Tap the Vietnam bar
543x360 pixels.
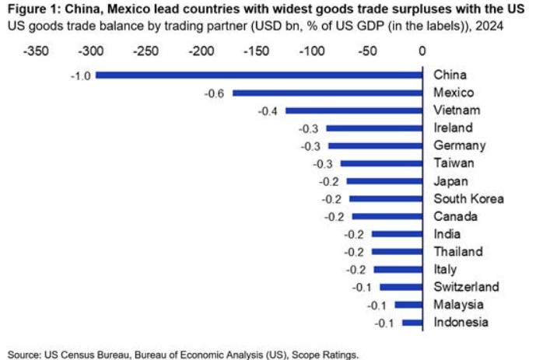[x=342, y=110]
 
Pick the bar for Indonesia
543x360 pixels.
[x=412, y=323]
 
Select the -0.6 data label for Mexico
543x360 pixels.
[x=215, y=93]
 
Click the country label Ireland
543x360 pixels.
[x=454, y=128]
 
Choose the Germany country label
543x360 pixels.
[x=459, y=145]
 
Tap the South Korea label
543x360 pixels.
[x=468, y=199]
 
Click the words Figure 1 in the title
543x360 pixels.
[x=31, y=10]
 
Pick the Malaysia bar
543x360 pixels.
[x=408, y=305]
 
